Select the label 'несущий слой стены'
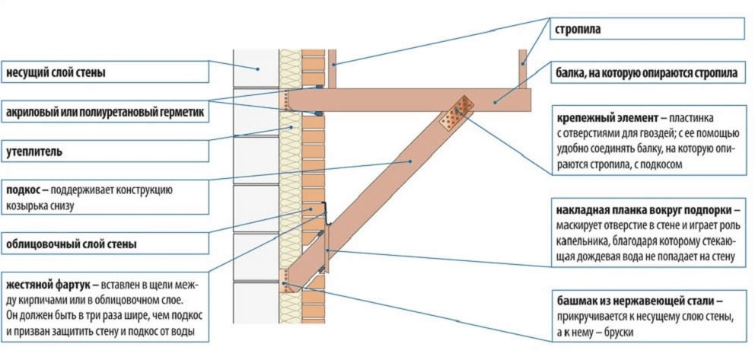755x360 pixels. [x=56, y=73]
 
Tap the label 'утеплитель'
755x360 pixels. [x=33, y=152]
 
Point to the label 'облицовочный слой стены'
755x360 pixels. [x=72, y=244]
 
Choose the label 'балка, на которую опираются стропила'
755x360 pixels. [x=647, y=73]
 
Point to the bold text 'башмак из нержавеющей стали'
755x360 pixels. [x=636, y=302]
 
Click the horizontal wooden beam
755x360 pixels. [x=409, y=100]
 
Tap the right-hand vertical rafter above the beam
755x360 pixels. [x=523, y=68]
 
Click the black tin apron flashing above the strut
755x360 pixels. [x=327, y=213]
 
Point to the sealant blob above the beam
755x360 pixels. [x=318, y=87]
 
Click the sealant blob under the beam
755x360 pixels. [x=318, y=114]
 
